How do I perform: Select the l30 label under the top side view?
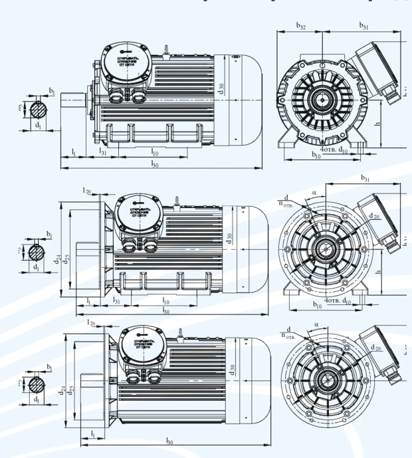click(155, 163)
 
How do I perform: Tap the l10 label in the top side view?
click(154, 152)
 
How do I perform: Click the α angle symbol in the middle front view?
click(315, 195)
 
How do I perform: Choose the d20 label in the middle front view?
click(375, 216)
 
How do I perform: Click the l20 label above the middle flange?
click(86, 190)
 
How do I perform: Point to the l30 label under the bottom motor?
click(170, 441)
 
